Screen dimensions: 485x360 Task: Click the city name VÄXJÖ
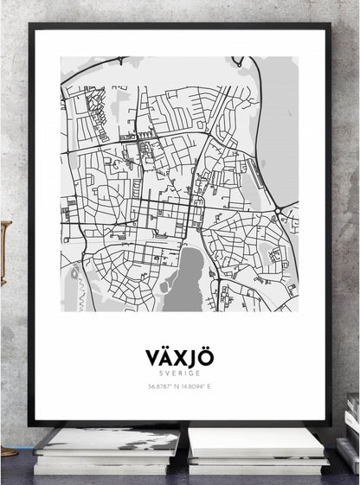pyautogui.click(x=180, y=356)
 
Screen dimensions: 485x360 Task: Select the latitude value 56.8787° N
pyautogui.click(x=163, y=386)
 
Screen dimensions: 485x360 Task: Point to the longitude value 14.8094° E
pyautogui.click(x=197, y=386)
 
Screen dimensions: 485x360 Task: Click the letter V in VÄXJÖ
pyautogui.click(x=154, y=356)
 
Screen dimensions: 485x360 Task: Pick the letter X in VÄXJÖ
pyautogui.click(x=180, y=356)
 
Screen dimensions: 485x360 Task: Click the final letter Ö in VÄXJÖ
pyautogui.click(x=205, y=356)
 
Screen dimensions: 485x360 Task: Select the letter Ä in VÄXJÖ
pyautogui.click(x=167, y=356)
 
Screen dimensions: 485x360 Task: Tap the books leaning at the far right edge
pyautogui.click(x=353, y=432)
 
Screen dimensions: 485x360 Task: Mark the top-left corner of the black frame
pyautogui.click(x=32, y=27)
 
